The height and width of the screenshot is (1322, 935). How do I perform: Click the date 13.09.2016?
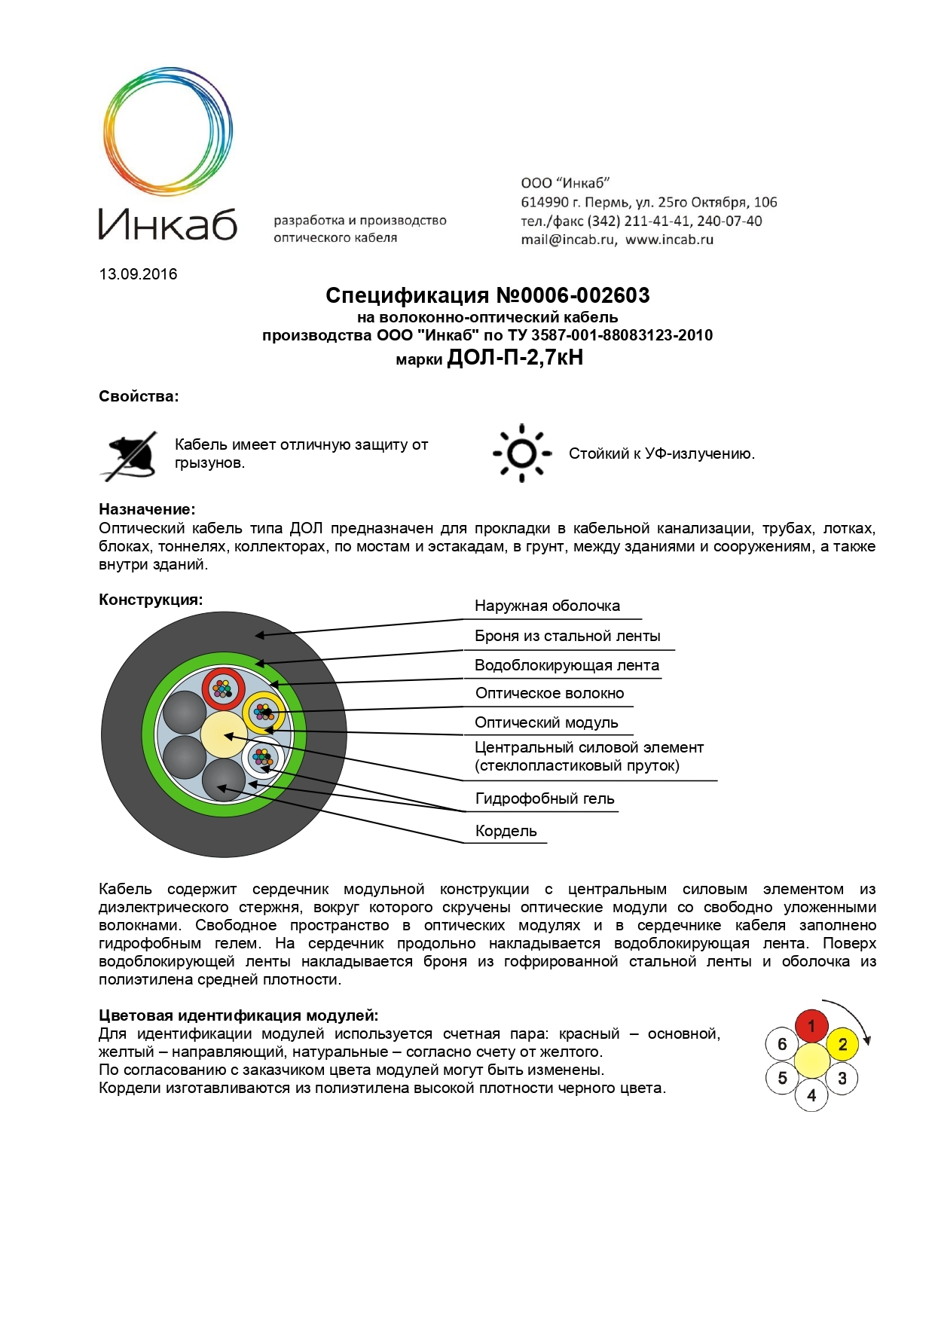click(x=138, y=274)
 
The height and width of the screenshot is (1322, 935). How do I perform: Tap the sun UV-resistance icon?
click(x=521, y=453)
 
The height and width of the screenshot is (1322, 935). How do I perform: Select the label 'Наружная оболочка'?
click(x=547, y=606)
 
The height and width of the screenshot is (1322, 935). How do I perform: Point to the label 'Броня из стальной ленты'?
click(x=567, y=637)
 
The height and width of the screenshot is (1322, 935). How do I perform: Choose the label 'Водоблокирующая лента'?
click(x=567, y=666)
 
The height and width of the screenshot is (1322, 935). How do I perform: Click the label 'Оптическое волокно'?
click(x=549, y=694)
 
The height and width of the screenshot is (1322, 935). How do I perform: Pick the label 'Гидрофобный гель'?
click(x=545, y=799)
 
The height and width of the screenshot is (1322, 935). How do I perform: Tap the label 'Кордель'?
click(x=506, y=832)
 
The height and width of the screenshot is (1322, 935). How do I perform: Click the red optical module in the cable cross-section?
click(x=223, y=688)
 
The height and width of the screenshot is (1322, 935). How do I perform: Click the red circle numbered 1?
click(x=811, y=1026)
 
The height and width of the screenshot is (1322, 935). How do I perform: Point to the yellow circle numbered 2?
click(x=842, y=1044)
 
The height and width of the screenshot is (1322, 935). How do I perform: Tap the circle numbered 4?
click(x=811, y=1095)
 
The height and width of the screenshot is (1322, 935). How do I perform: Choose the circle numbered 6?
click(x=781, y=1044)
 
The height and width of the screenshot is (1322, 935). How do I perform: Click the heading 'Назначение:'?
click(x=147, y=510)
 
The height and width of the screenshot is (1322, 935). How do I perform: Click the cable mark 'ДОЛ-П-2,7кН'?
click(x=515, y=358)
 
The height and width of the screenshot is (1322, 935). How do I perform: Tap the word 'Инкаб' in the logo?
click(x=167, y=224)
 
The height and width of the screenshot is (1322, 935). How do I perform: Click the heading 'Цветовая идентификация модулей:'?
click(x=238, y=1016)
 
